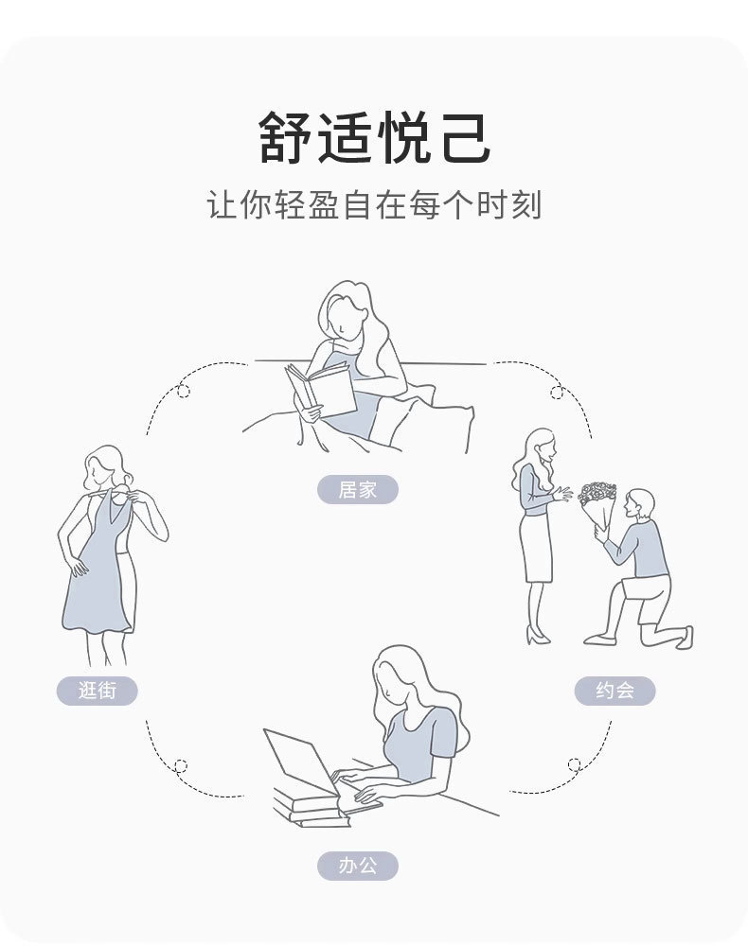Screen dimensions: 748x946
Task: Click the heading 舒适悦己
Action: (x=374, y=137)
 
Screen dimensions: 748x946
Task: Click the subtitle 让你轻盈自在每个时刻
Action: (x=374, y=205)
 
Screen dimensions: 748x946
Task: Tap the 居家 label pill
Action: (x=357, y=490)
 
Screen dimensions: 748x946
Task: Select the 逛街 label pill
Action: (x=97, y=691)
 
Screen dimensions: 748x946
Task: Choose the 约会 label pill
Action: (x=614, y=691)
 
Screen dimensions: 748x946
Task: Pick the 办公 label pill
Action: (x=357, y=866)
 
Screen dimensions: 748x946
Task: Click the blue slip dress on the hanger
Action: (x=97, y=577)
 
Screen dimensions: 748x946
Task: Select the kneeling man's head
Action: (x=640, y=504)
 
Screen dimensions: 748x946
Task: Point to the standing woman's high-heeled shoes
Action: (x=538, y=636)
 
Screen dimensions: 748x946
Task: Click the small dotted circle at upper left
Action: (x=184, y=391)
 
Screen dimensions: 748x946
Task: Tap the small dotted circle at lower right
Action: (x=574, y=763)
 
